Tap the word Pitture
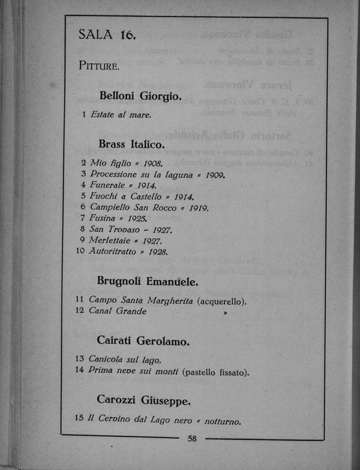[99, 65]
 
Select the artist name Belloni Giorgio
[139, 96]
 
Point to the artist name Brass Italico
[131, 144]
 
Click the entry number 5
[83, 196]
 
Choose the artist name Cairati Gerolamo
[143, 342]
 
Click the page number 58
[192, 439]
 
